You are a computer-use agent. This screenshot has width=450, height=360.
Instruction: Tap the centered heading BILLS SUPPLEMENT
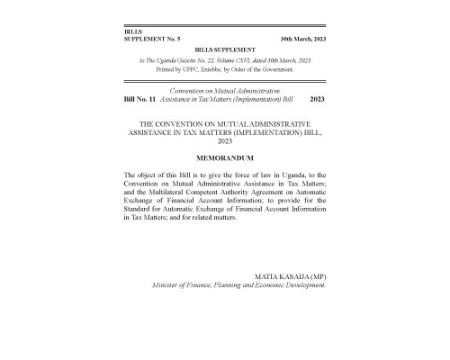(225, 50)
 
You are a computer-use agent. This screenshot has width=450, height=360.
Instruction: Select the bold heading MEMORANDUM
(224, 157)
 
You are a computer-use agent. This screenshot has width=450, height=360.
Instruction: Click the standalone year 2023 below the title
(225, 140)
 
